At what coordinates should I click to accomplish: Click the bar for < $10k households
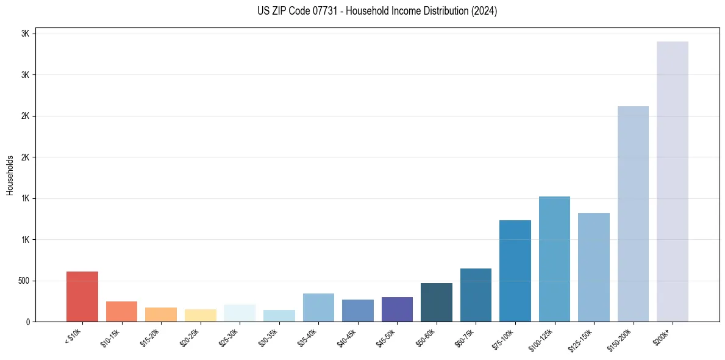pyautogui.click(x=82, y=297)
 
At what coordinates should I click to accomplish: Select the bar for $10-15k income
pyautogui.click(x=121, y=311)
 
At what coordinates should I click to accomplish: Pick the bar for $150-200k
pyautogui.click(x=633, y=214)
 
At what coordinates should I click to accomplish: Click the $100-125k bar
pyautogui.click(x=554, y=259)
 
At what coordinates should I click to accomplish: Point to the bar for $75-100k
pyautogui.click(x=515, y=271)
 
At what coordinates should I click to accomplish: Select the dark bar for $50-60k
pyautogui.click(x=437, y=303)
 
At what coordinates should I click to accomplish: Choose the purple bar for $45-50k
pyautogui.click(x=397, y=309)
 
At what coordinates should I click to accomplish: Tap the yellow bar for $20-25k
pyautogui.click(x=200, y=315)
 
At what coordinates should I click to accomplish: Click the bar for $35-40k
pyautogui.click(x=318, y=308)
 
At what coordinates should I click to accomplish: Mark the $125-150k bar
pyautogui.click(x=594, y=267)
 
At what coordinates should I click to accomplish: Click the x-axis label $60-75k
pyautogui.click(x=465, y=337)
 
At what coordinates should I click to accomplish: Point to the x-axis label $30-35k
pyautogui.click(x=268, y=337)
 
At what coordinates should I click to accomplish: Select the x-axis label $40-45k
pyautogui.click(x=347, y=337)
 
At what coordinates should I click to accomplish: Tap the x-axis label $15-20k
pyautogui.click(x=150, y=337)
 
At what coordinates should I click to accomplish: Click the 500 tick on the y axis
pyautogui.click(x=23, y=281)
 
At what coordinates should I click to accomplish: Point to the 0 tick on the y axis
pyautogui.click(x=27, y=322)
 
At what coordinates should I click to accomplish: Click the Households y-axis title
pyautogui.click(x=10, y=175)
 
